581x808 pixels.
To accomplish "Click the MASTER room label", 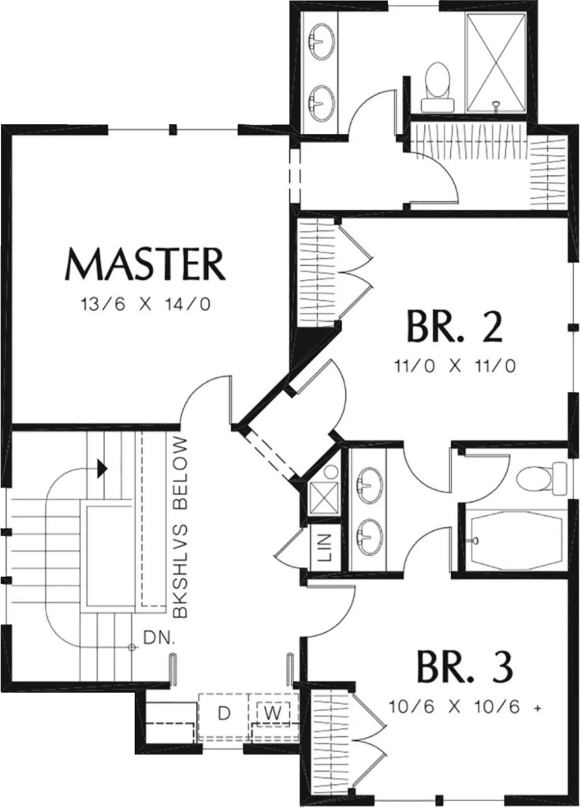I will (x=145, y=264).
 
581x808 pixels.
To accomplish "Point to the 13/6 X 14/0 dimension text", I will (x=145, y=303).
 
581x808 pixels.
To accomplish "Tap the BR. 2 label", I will (x=455, y=327).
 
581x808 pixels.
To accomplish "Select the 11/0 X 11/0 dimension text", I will (x=454, y=365).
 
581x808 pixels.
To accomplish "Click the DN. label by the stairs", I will (x=157, y=637).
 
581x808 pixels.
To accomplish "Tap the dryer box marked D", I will (x=224, y=714).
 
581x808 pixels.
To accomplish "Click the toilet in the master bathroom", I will (x=436, y=87).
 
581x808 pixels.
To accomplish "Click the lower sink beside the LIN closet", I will (x=369, y=537).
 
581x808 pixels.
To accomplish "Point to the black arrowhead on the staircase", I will (x=101, y=469).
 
